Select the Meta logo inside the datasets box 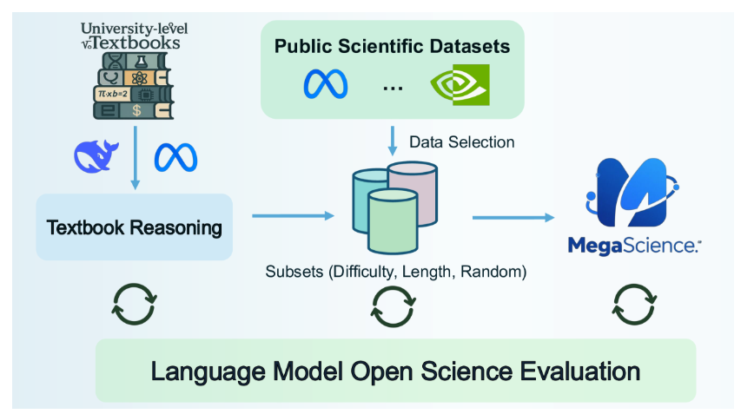(x=326, y=84)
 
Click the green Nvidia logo (x=460, y=84)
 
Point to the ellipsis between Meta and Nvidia (x=393, y=88)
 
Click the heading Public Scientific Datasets (x=392, y=45)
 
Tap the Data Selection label (x=462, y=141)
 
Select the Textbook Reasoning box (x=134, y=227)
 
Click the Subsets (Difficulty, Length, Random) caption (x=396, y=272)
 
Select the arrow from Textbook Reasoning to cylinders (x=293, y=216)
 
